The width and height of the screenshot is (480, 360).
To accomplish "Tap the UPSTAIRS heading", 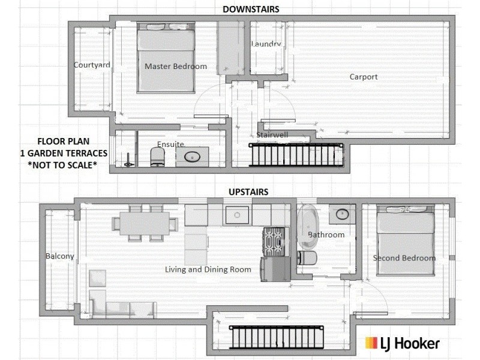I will tap(248, 192).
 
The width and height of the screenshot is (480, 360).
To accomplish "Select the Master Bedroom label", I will tap(175, 67).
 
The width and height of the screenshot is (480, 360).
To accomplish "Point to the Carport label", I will tap(364, 77).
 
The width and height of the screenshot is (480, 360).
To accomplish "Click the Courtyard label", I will tap(92, 65).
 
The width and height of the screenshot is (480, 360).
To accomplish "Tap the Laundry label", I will tap(266, 44).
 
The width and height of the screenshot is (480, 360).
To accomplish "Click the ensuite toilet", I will tap(157, 157).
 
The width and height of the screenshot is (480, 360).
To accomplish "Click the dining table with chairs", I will tap(145, 224).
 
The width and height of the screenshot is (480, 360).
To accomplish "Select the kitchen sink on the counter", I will tap(236, 214).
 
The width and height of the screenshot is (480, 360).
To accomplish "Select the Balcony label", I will tap(60, 256).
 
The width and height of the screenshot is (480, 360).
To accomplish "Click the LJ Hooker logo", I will tap(403, 343).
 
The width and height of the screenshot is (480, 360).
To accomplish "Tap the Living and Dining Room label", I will tap(208, 269).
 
